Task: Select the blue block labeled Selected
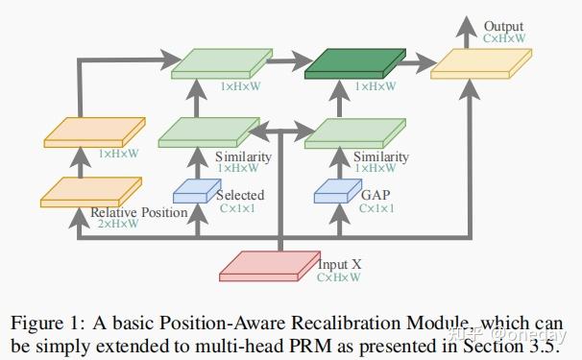point(190,192)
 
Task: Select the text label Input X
point(338,263)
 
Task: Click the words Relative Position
point(138,212)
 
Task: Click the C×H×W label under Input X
point(339,276)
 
